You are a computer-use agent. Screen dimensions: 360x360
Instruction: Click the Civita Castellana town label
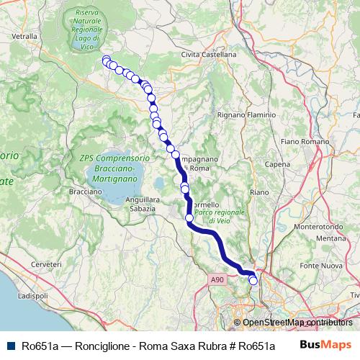pyautogui.click(x=209, y=54)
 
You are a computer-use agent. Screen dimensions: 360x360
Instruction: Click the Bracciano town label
pyautogui.click(x=86, y=193)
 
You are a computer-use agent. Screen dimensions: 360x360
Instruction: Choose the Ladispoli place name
pyautogui.click(x=32, y=296)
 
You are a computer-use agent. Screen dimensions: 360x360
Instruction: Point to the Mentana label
pyautogui.click(x=331, y=238)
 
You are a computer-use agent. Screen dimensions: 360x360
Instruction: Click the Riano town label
pyautogui.click(x=258, y=192)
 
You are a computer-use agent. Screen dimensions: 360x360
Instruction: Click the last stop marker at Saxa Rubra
pyautogui.click(x=253, y=281)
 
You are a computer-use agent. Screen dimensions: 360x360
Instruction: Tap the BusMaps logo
pyautogui.click(x=326, y=344)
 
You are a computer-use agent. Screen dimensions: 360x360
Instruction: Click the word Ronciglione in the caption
pyautogui.click(x=94, y=345)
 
